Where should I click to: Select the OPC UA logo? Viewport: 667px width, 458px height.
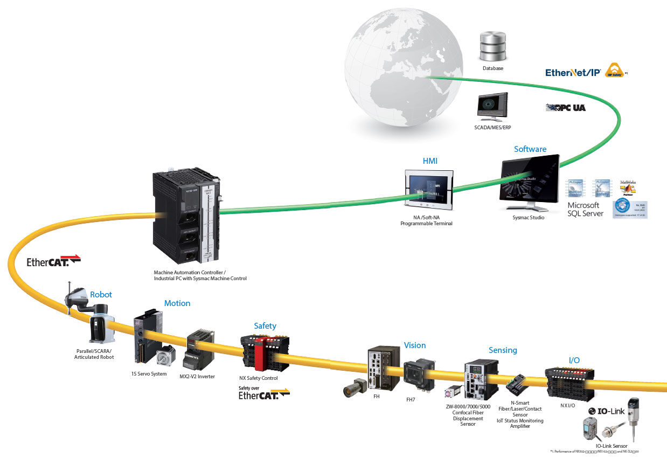point(565,107)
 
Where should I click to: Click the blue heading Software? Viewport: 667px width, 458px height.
point(530,149)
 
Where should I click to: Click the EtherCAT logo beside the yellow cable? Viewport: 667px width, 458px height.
point(53,262)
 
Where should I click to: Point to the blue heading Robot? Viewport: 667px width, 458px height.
point(101,295)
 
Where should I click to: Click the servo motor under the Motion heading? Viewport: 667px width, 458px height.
point(165,356)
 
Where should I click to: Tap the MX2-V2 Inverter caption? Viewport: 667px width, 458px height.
point(197,376)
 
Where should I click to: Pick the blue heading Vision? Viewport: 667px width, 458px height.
point(415,345)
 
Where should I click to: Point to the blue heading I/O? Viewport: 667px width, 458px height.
point(574,360)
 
